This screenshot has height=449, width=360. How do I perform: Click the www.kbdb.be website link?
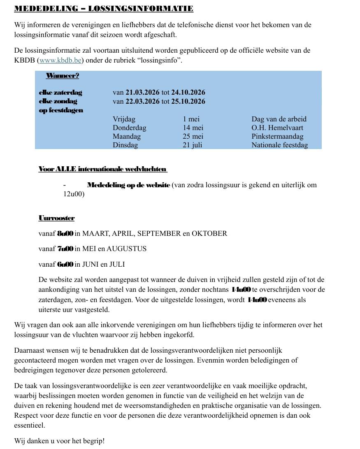[x=60, y=60]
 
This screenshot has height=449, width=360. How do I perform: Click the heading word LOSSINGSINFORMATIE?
[x=141, y=9]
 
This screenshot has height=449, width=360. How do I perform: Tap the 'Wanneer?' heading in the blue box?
[x=63, y=76]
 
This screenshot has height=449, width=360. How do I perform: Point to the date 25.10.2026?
[x=188, y=101]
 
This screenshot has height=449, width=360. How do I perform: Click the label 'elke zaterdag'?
[x=60, y=93]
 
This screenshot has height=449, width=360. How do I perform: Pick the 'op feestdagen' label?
[x=61, y=110]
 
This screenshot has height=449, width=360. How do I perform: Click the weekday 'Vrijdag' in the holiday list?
[x=124, y=119]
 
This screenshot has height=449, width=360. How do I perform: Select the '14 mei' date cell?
[x=193, y=128]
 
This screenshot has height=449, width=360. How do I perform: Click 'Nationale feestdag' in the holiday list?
[x=279, y=145]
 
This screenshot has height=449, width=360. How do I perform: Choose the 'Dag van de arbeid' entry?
[x=279, y=119]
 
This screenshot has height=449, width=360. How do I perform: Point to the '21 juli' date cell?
[x=192, y=145]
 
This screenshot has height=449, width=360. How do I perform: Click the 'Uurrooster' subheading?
[x=56, y=218]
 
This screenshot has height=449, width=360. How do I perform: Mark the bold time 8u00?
[x=65, y=234]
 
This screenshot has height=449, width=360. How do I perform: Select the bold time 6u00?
[x=65, y=265]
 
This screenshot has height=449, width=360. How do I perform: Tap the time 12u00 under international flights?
[x=74, y=194]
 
